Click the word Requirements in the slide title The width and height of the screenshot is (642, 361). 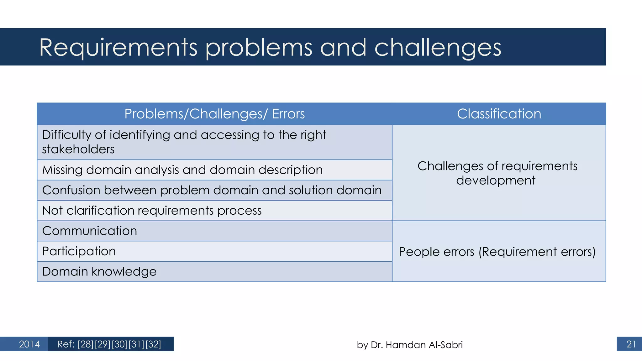[x=118, y=48]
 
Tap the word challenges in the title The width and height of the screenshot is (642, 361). [x=438, y=48]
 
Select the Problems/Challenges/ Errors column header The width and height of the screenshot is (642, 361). [x=214, y=114]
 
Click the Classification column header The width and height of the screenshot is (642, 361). [x=499, y=114]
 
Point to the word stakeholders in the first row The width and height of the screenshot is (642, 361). [x=78, y=149]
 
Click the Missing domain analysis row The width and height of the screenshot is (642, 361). [x=182, y=170]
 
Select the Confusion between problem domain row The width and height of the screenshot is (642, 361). [x=212, y=190]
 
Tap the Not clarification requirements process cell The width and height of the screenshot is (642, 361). [x=152, y=211]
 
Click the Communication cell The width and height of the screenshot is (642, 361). [x=90, y=231]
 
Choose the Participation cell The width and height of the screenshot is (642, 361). [x=79, y=251]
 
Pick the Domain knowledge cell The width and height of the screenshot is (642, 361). [x=99, y=272]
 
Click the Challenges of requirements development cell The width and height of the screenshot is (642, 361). [x=497, y=173]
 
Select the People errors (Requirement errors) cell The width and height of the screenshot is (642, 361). [x=497, y=252]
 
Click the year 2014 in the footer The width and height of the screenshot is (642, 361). [x=29, y=344]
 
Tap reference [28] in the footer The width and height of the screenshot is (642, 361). [x=86, y=344]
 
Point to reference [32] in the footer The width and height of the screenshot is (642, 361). [x=153, y=344]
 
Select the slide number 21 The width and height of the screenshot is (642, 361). [x=631, y=344]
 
